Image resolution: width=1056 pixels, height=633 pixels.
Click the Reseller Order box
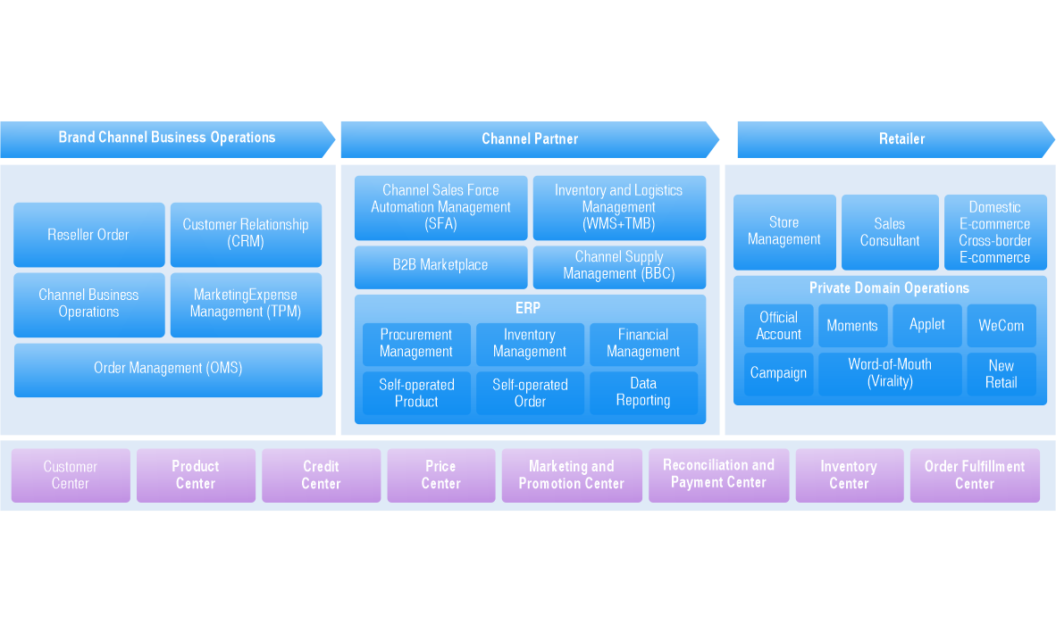coord(88,235)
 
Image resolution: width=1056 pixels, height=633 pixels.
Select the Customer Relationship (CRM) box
coord(246,234)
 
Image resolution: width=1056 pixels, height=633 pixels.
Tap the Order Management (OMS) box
coord(168,369)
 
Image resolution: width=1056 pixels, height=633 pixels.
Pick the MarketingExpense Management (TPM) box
coord(246,304)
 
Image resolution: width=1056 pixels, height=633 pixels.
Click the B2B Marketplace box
coord(440,265)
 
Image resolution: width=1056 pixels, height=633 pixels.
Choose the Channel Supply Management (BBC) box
coord(619,266)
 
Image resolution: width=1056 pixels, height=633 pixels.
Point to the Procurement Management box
coord(416,344)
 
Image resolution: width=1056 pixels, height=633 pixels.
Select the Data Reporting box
coord(643,393)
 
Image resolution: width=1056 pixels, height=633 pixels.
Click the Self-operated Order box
coord(530,394)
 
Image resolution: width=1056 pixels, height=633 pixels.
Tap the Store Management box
coord(784,231)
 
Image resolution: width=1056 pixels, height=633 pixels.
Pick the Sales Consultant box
coord(890,232)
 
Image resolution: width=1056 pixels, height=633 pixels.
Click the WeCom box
coord(1002,326)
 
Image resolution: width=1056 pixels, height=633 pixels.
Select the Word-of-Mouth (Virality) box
coord(890,373)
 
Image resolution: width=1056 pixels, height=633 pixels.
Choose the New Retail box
coord(1002,374)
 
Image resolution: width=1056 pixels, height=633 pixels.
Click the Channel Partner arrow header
coord(530,139)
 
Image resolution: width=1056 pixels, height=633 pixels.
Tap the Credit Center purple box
coord(321,475)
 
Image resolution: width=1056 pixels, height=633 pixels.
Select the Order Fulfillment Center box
coord(975,475)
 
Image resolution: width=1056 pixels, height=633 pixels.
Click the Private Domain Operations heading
coord(889,288)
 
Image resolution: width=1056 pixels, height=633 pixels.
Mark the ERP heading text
coord(528,309)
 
